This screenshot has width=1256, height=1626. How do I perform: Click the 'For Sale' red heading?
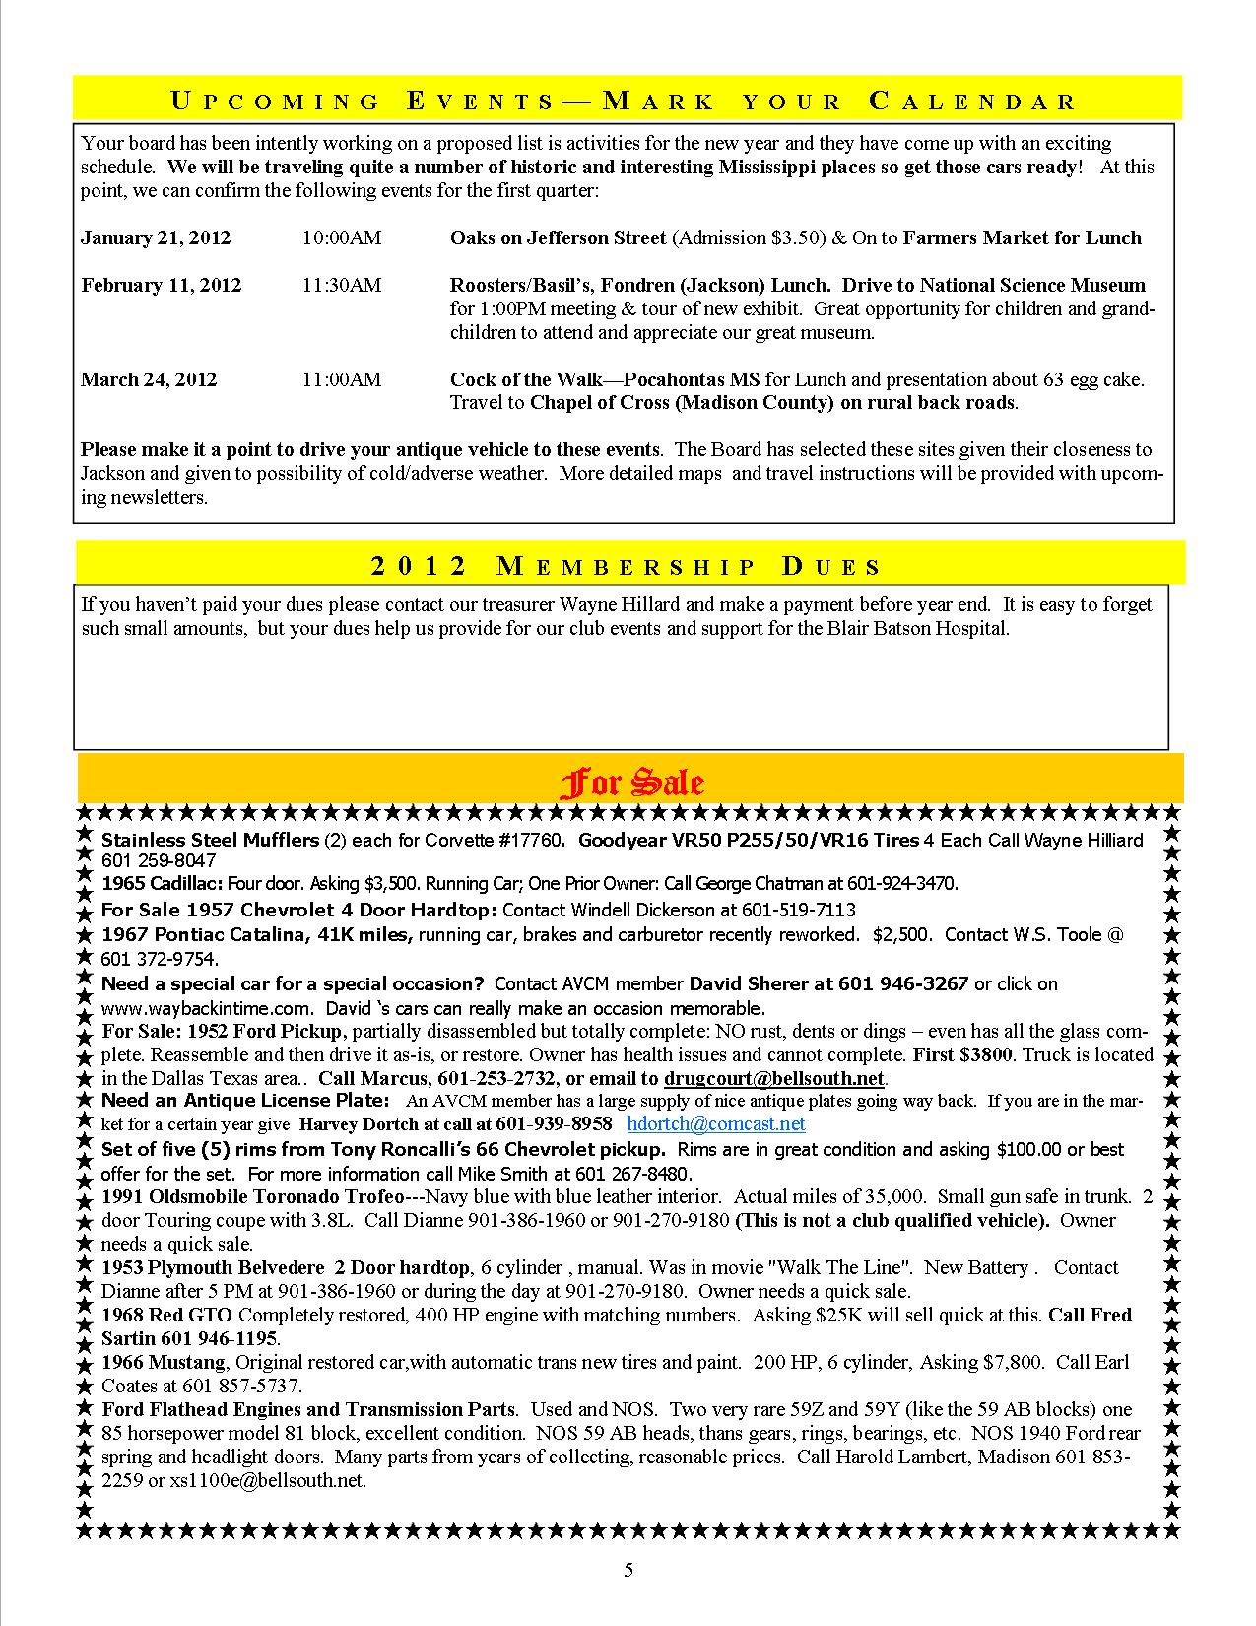coord(631,782)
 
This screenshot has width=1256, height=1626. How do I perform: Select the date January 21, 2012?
coord(156,237)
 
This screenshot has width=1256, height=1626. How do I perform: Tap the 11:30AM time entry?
coord(341,285)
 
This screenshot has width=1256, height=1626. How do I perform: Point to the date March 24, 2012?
coord(149,379)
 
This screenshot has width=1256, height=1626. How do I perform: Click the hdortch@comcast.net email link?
coord(716,1123)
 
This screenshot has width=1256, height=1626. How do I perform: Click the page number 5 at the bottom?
coord(628,1571)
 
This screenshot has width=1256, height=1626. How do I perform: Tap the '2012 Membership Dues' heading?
coord(627,566)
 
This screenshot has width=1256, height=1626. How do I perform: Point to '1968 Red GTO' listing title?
coord(166,1315)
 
